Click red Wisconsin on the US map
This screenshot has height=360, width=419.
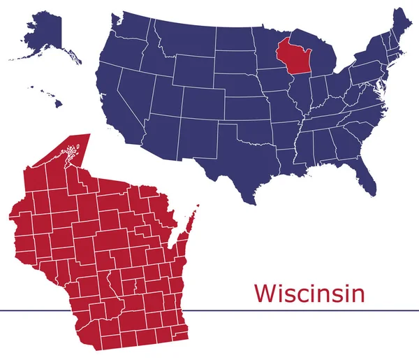point(292,56)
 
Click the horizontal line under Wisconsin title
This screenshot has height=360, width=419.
point(209,309)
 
